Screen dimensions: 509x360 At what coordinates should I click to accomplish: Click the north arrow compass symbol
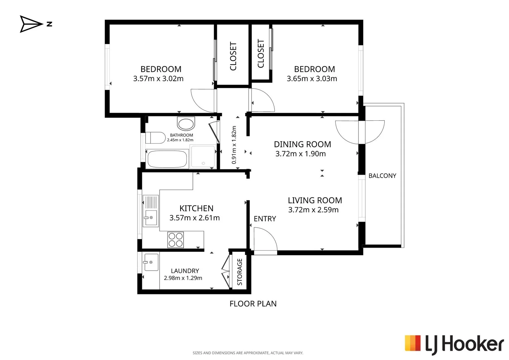(31, 24)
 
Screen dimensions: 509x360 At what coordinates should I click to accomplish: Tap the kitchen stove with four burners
(176, 240)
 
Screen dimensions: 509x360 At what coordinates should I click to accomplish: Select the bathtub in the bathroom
(167, 159)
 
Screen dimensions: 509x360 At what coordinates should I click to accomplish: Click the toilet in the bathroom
(155, 138)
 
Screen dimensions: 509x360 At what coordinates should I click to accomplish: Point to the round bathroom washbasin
(186, 124)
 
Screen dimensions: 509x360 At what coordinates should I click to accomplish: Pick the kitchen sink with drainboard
(151, 211)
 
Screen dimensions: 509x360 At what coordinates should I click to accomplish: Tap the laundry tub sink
(151, 262)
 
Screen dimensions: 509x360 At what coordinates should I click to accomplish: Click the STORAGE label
(240, 272)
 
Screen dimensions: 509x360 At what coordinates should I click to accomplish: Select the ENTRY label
(265, 219)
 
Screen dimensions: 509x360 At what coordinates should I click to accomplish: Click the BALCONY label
(382, 176)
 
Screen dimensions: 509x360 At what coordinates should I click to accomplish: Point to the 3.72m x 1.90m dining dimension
(300, 154)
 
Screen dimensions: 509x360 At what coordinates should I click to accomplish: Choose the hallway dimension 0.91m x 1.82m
(234, 145)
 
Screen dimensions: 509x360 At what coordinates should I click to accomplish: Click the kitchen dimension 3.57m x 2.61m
(195, 218)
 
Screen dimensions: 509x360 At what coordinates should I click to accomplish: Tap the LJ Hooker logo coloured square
(413, 343)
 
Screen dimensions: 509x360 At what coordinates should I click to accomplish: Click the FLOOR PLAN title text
(253, 304)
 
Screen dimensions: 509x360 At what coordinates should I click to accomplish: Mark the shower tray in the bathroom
(203, 157)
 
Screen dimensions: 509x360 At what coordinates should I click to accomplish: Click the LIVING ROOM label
(315, 200)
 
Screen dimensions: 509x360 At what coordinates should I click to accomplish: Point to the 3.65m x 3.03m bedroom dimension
(312, 79)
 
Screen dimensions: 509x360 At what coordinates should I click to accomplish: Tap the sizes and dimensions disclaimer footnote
(248, 353)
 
